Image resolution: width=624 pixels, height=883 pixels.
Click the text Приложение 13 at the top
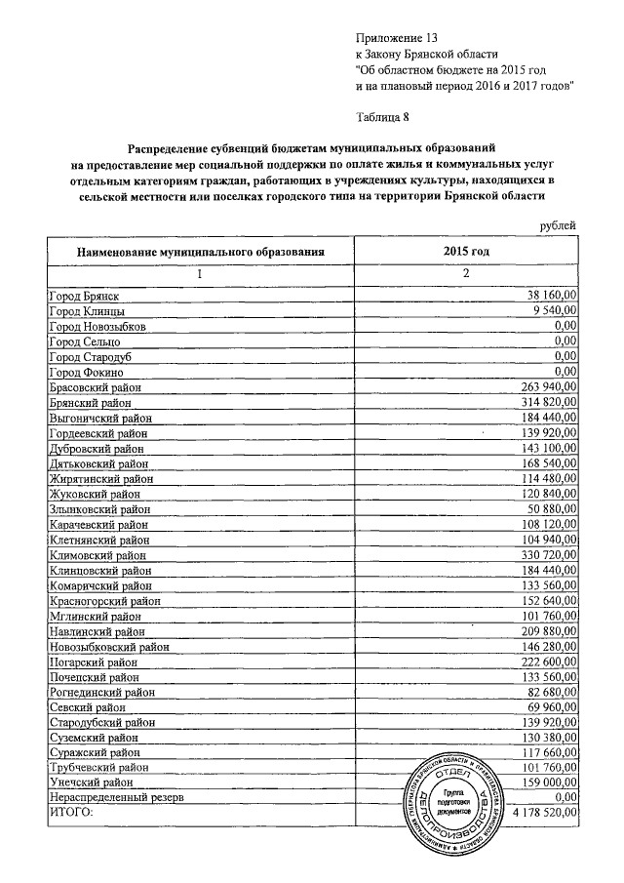tap(398, 38)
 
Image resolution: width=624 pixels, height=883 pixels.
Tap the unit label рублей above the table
tap(557, 226)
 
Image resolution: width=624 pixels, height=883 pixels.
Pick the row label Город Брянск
tap(89, 294)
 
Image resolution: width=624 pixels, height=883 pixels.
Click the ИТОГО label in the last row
tap(70, 812)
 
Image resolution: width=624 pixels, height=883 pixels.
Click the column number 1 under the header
tap(199, 273)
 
